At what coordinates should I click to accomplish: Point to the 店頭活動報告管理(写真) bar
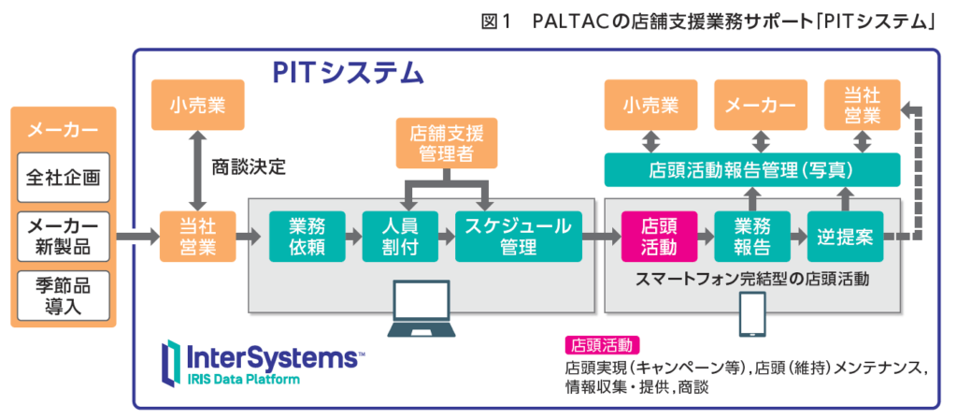(x=752, y=170)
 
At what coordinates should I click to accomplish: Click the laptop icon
(x=421, y=310)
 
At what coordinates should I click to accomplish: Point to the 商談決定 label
(x=249, y=168)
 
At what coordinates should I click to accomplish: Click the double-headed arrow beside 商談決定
(x=198, y=169)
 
